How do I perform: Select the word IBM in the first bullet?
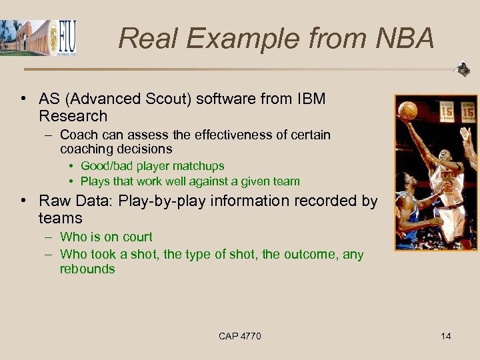(309, 99)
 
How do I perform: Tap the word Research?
(73, 116)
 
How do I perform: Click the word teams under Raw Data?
(60, 218)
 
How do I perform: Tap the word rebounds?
(87, 269)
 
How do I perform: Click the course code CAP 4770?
(239, 336)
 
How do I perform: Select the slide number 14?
(445, 336)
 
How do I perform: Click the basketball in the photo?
(407, 111)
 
